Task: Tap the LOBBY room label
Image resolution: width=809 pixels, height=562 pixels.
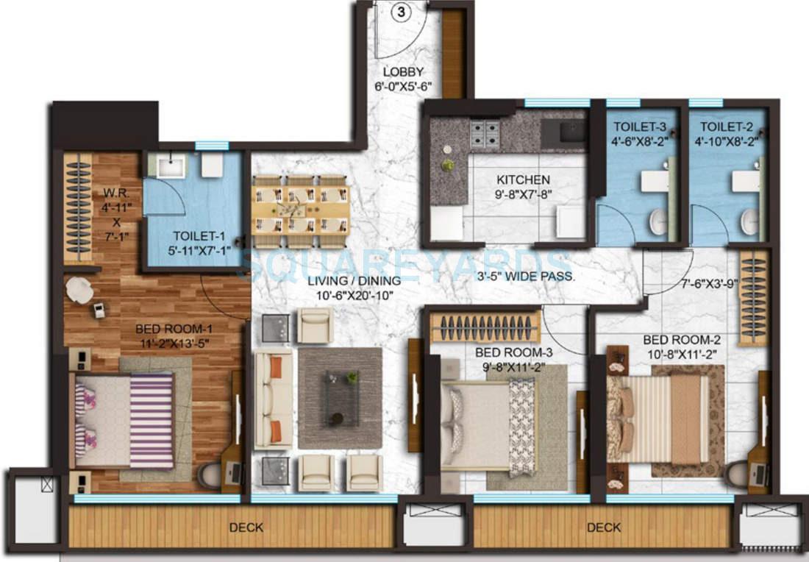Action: [403, 72]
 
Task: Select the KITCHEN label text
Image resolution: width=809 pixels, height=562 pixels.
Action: [523, 179]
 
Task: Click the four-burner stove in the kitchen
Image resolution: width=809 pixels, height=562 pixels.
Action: [485, 133]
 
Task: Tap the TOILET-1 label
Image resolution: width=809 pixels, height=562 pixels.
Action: [196, 236]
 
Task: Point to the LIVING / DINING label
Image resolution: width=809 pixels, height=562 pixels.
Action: [354, 281]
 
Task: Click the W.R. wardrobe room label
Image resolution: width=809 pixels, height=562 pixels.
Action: [116, 194]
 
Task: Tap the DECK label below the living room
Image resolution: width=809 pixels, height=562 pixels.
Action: [246, 527]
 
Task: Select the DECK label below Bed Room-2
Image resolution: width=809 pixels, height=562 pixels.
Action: [604, 527]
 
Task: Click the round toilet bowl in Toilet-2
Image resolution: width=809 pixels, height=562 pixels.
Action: [748, 221]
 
